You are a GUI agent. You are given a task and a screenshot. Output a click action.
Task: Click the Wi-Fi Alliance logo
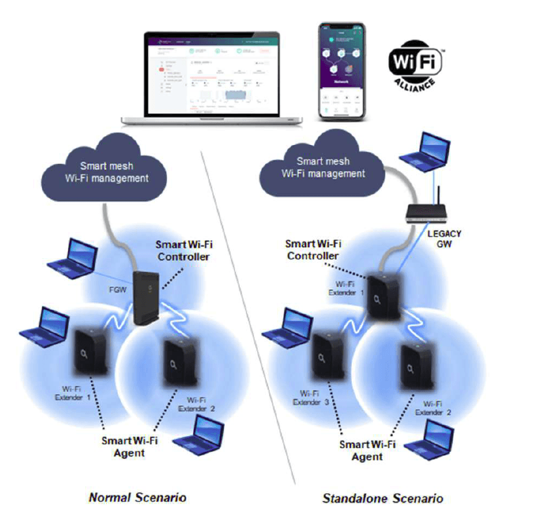coord(415,65)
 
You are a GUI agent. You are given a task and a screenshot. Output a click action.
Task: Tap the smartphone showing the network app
coord(342,71)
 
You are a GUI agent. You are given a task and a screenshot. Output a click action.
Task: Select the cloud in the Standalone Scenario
coord(323,167)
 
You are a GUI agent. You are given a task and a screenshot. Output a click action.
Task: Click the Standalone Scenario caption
coord(382,498)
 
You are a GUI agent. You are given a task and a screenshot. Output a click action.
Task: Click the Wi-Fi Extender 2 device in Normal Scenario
coord(179,366)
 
